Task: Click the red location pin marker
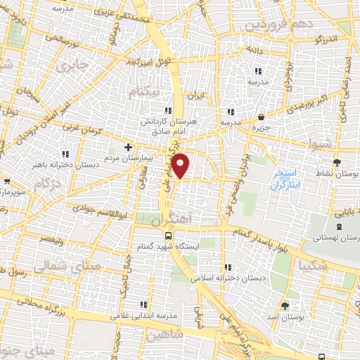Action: pos(181,165)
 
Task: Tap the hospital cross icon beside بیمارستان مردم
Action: pos(127,147)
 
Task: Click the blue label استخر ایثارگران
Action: pos(288,178)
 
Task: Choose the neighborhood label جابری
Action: pos(74,67)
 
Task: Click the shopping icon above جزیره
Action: pos(261,117)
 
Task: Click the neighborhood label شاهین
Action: pos(165,335)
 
